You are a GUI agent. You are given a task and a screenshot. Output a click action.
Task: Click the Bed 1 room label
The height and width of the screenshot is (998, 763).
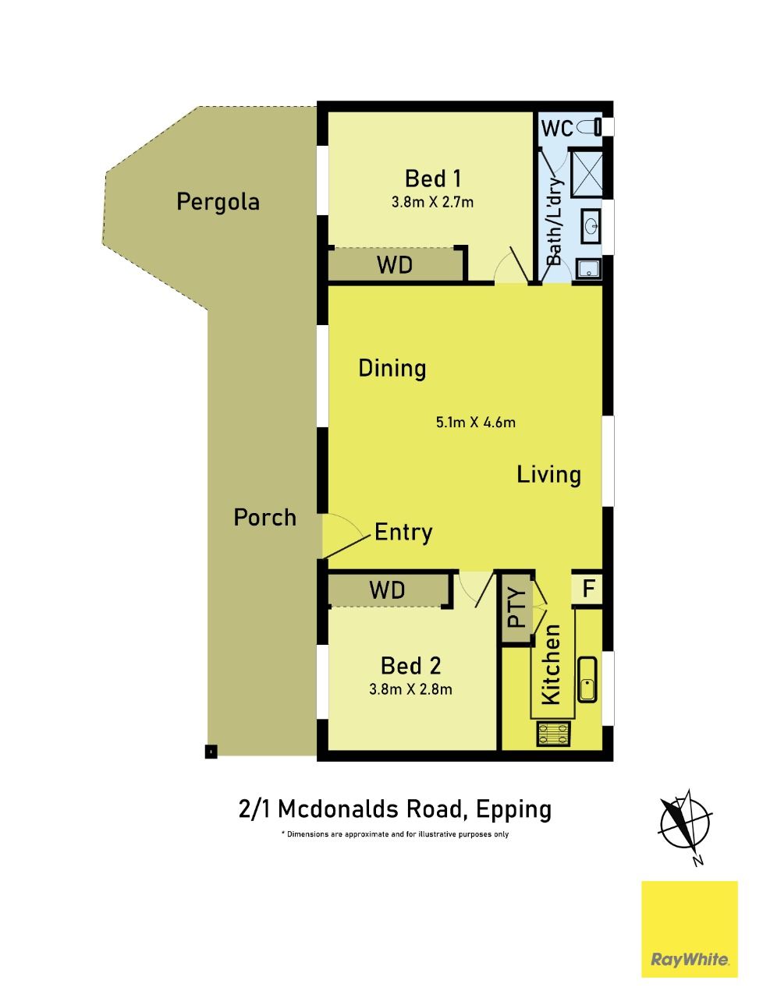point(433,179)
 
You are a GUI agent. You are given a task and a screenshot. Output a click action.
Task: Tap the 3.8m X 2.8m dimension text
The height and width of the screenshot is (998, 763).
point(410,689)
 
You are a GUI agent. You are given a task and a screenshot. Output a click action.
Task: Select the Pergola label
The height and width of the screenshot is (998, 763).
point(218,202)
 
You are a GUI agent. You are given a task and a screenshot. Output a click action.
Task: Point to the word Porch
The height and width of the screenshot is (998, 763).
point(264,518)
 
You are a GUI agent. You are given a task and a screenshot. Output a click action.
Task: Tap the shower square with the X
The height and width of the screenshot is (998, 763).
point(587,174)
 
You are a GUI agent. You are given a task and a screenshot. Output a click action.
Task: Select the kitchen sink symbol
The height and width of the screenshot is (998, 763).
point(587,680)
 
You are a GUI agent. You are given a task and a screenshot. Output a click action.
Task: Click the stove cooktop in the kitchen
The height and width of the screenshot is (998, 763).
point(553,734)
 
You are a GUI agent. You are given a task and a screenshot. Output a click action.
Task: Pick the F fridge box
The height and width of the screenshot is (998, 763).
point(587,589)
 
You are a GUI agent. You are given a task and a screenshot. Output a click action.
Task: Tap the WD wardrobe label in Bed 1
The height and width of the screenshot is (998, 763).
point(395,264)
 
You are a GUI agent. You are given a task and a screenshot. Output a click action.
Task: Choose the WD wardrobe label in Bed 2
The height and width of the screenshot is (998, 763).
point(387,589)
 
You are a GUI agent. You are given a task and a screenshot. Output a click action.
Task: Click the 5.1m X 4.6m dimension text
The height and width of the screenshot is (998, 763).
point(475,423)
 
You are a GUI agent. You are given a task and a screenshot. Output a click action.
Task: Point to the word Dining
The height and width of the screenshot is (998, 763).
point(392,368)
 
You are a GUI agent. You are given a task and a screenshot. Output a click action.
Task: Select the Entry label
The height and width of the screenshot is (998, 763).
point(403,532)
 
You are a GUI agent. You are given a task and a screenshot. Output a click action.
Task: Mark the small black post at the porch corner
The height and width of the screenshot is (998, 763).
point(211,751)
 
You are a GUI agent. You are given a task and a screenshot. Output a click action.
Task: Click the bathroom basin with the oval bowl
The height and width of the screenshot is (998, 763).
point(591,225)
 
